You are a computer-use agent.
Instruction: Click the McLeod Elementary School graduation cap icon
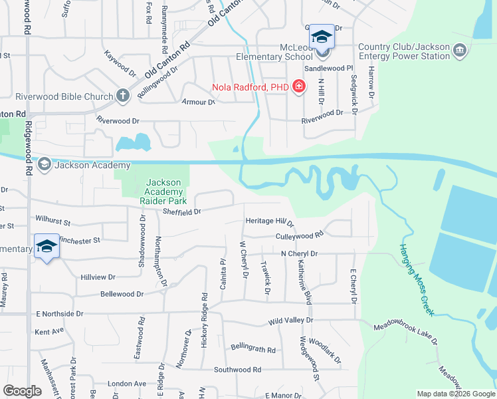click(x=322, y=37)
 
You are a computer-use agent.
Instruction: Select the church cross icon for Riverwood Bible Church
click(x=122, y=96)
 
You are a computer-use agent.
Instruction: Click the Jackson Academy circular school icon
click(x=45, y=164)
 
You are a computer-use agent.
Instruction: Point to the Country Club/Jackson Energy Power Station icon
click(x=459, y=51)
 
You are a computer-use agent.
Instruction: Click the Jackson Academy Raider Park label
click(x=163, y=192)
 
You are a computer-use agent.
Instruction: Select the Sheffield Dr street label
click(x=181, y=212)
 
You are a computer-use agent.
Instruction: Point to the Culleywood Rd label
click(x=300, y=235)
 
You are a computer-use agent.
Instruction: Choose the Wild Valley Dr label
click(x=290, y=321)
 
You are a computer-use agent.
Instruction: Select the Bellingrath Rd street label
click(x=253, y=347)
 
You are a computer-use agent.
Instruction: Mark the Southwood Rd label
click(x=237, y=369)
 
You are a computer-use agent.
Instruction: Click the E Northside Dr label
click(x=59, y=313)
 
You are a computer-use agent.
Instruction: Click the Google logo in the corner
click(x=22, y=391)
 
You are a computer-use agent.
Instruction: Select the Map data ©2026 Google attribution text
click(x=455, y=394)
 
